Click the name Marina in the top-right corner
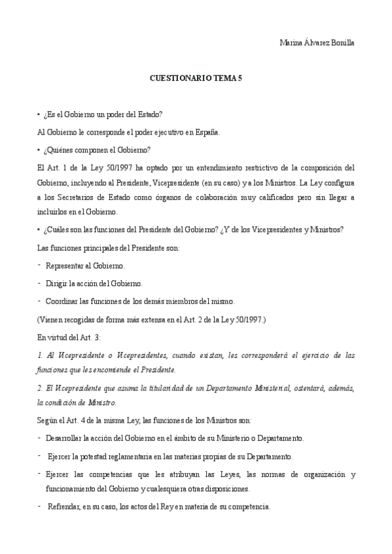click(292, 42)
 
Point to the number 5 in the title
click(240, 77)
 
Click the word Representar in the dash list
click(67, 266)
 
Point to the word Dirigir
click(57, 284)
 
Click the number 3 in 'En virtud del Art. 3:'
click(93, 337)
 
